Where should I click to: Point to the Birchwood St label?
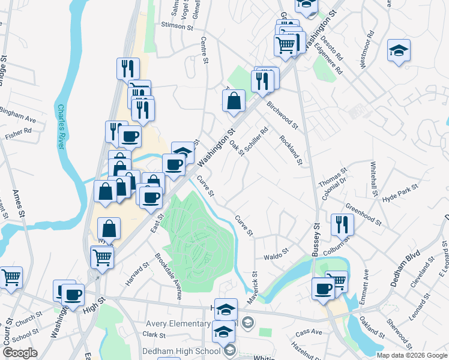[282, 114]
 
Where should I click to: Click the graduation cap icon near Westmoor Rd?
[399, 50]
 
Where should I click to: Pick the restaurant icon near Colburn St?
[342, 224]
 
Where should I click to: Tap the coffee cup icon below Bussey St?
[323, 289]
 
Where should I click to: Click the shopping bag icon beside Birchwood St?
[234, 101]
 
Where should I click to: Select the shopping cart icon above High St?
[102, 257]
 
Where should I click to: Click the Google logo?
[20, 353]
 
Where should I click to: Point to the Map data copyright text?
[412, 355]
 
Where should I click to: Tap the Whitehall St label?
[373, 180]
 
